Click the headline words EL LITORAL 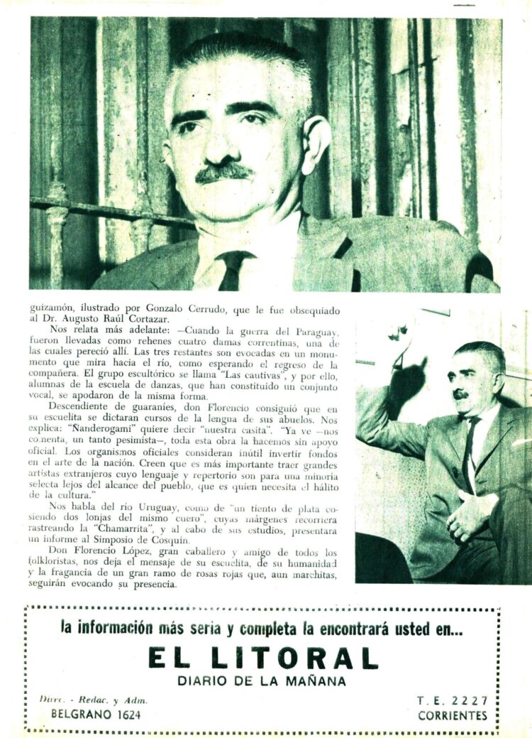[x=262, y=658]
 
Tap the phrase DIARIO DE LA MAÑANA [x=262, y=681]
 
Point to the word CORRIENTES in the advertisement [x=452, y=715]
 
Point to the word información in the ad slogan [x=119, y=629]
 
